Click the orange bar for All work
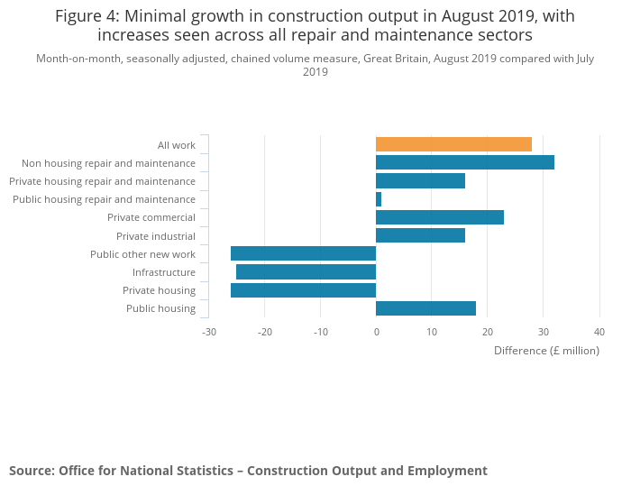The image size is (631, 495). [x=453, y=144]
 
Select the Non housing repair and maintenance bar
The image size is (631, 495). [x=464, y=162]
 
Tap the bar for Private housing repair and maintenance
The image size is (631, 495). [x=420, y=181]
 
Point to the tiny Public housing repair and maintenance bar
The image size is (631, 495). [x=379, y=199]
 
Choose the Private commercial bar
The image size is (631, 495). [x=439, y=217]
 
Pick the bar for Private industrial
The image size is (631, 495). [x=420, y=235]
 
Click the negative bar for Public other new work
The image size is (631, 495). [x=303, y=253]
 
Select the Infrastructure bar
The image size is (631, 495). [x=306, y=271]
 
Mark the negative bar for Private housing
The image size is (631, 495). [x=303, y=290]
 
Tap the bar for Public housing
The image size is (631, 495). [x=425, y=308]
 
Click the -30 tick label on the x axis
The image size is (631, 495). [x=208, y=332]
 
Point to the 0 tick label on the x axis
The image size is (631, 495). [x=376, y=332]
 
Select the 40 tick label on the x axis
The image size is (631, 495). [x=599, y=332]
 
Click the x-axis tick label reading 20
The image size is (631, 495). [x=487, y=332]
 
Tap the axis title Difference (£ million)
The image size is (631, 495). [x=546, y=350]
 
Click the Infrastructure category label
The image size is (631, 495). [x=164, y=272]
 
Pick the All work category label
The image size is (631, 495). [x=177, y=145]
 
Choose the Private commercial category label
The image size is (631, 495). [x=151, y=217]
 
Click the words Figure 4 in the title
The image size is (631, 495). [x=89, y=16]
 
